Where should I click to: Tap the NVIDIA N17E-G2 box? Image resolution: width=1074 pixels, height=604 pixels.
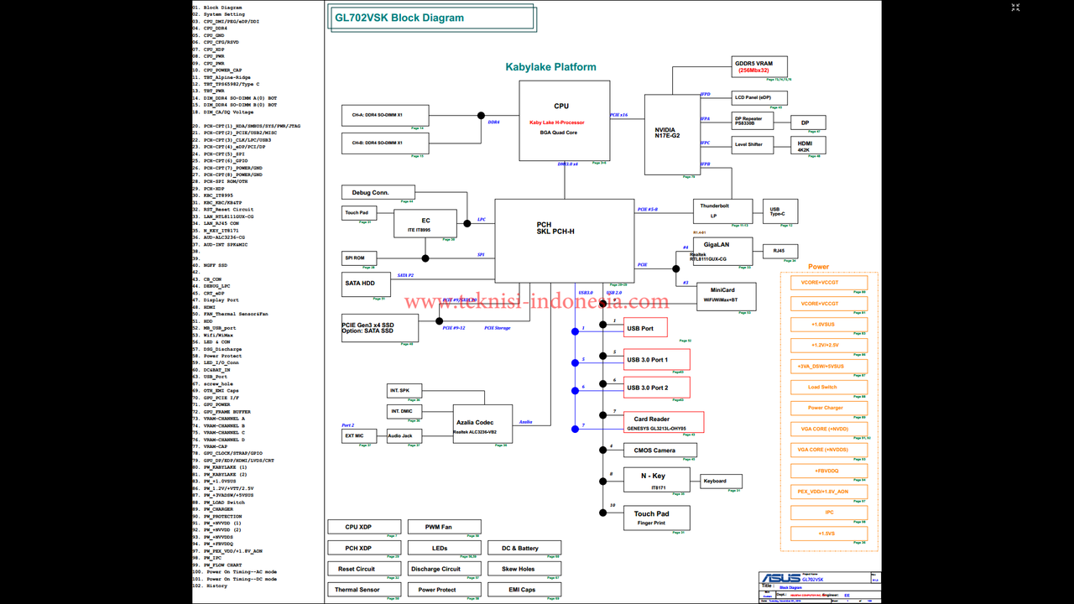click(672, 134)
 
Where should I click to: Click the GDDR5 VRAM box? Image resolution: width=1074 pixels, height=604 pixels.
click(759, 66)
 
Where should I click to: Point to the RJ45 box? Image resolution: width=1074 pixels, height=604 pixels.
click(779, 251)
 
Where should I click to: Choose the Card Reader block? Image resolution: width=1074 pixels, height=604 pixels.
click(664, 422)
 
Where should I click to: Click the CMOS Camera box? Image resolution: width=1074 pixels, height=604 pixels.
click(660, 450)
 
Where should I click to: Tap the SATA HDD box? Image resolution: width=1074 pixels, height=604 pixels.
click(366, 284)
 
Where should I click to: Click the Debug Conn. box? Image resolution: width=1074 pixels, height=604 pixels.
click(378, 193)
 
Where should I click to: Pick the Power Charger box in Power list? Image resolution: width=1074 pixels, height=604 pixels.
click(826, 408)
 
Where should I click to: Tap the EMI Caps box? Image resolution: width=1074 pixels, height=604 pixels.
click(524, 590)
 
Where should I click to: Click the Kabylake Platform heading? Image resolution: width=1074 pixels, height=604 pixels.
click(550, 67)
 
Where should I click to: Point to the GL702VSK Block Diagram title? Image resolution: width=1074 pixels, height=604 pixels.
click(399, 18)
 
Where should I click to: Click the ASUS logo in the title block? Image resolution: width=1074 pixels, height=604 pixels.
click(779, 579)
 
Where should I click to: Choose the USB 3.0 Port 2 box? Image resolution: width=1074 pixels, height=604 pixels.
click(657, 388)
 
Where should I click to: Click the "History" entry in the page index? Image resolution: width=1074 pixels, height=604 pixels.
click(216, 586)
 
